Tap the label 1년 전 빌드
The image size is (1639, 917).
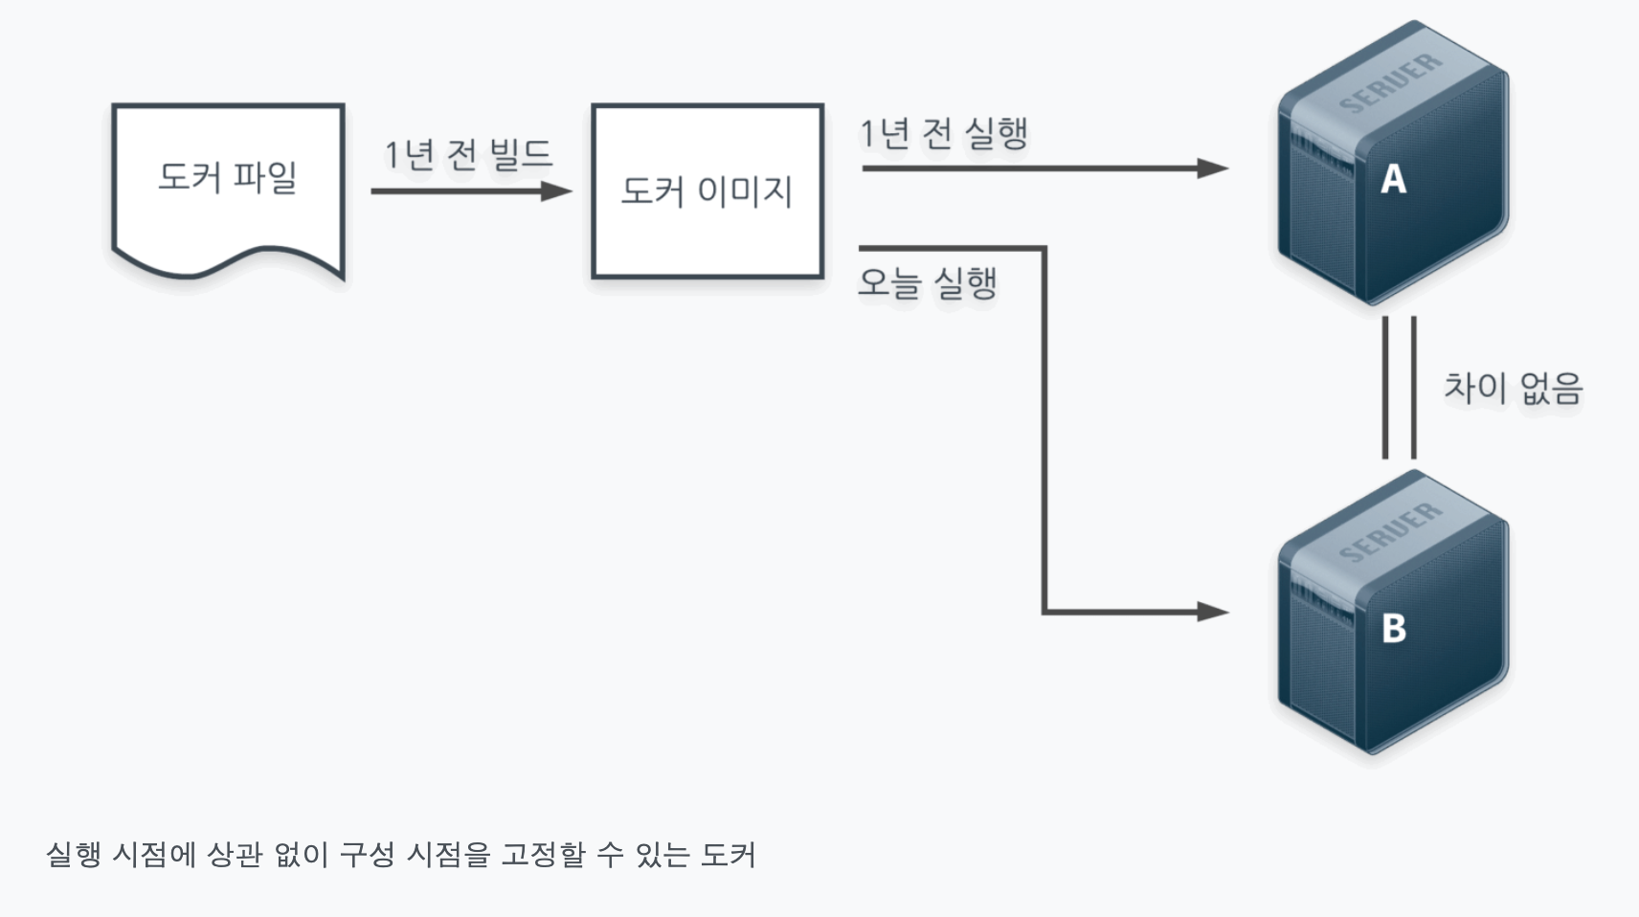tap(468, 154)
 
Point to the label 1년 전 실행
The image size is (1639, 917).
tap(943, 133)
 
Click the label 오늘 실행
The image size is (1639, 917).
tap(927, 283)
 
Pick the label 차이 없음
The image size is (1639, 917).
tap(1513, 388)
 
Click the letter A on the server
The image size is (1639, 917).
tap(1393, 179)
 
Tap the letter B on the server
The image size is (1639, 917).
tap(1394, 628)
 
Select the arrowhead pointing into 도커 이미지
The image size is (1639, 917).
tap(556, 191)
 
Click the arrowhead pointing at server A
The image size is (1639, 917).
tap(1213, 168)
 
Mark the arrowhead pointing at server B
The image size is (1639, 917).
tap(1213, 611)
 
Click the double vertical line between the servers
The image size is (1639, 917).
tap(1399, 388)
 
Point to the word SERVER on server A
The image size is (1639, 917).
tap(1390, 83)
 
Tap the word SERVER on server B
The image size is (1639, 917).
tap(1390, 532)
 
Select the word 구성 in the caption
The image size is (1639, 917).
tap(367, 855)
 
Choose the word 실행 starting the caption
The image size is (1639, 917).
tap(73, 855)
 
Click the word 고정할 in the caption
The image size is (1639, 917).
tap(543, 855)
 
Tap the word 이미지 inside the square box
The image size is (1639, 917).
tap(745, 191)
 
